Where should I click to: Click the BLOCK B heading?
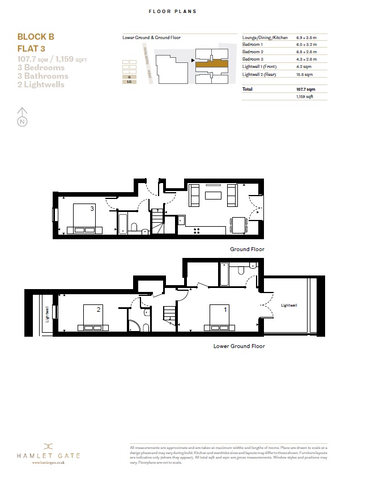(36, 37)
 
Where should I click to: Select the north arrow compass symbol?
(22, 117)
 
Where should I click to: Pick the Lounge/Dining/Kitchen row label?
(265, 37)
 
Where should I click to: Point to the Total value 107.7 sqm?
(305, 90)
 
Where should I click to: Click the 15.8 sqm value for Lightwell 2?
(304, 74)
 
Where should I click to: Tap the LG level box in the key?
(130, 82)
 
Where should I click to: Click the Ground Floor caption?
(247, 249)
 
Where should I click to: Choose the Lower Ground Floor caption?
(238, 346)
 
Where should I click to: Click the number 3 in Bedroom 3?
(92, 209)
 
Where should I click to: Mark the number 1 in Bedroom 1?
(225, 310)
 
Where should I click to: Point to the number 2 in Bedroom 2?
(99, 310)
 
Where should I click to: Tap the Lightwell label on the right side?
(289, 306)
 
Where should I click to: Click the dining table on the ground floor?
(238, 224)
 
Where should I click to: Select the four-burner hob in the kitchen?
(198, 230)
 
